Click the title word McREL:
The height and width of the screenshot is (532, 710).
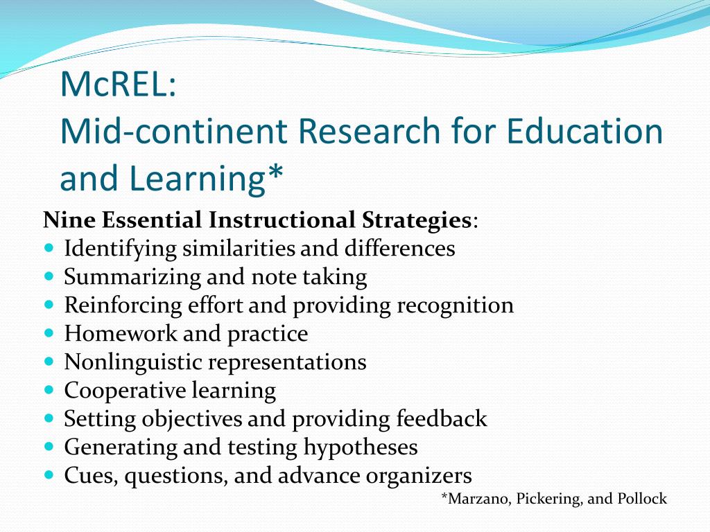click(x=119, y=84)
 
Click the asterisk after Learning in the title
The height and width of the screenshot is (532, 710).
click(x=275, y=175)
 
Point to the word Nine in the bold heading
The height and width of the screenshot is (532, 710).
click(x=69, y=220)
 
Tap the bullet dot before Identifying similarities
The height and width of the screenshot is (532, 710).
click(x=49, y=247)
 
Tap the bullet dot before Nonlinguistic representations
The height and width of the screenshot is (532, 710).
click(x=49, y=361)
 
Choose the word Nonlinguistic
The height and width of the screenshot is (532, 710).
click(x=134, y=362)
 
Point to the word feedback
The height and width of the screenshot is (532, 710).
click(x=442, y=419)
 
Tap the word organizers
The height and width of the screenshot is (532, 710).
click(x=421, y=476)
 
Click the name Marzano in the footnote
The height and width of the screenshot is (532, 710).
click(x=478, y=499)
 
